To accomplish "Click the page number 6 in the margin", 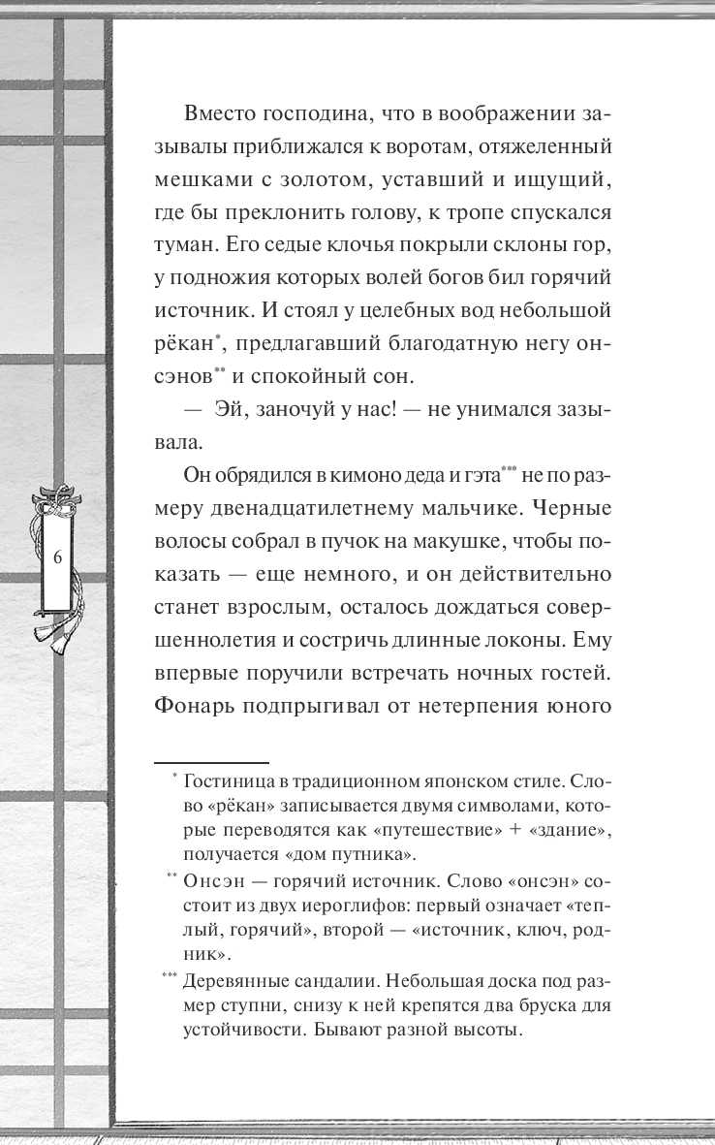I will (57, 558).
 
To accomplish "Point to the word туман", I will (189, 239).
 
